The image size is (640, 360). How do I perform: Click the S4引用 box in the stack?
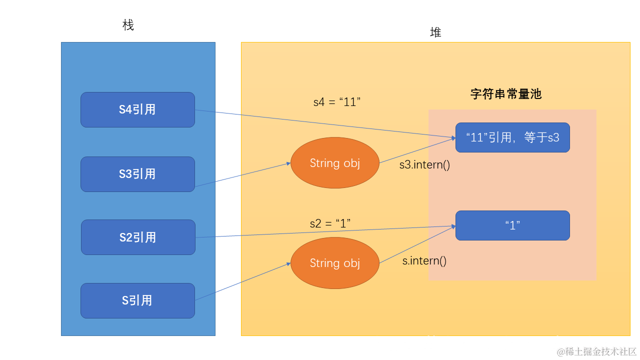(137, 109)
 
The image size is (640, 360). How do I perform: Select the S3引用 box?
(137, 174)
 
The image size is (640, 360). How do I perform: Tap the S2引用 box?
(138, 237)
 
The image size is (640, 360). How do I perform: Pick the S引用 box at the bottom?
(137, 300)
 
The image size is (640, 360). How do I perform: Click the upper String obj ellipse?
(335, 163)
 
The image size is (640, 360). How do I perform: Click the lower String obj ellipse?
(335, 263)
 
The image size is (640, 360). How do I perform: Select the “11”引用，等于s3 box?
(512, 137)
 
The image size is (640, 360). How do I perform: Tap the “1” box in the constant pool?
(512, 225)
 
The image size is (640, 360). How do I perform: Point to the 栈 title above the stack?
(128, 25)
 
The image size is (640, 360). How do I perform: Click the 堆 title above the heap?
(435, 32)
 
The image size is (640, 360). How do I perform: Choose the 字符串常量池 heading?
(506, 94)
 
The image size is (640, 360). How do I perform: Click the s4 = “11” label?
(337, 102)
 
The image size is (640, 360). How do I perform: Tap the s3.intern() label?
(424, 164)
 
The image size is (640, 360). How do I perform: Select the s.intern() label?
(424, 260)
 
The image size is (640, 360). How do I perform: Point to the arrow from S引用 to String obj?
(242, 281)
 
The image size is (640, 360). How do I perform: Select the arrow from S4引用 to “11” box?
(325, 123)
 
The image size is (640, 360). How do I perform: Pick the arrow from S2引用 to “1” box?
(325, 232)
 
